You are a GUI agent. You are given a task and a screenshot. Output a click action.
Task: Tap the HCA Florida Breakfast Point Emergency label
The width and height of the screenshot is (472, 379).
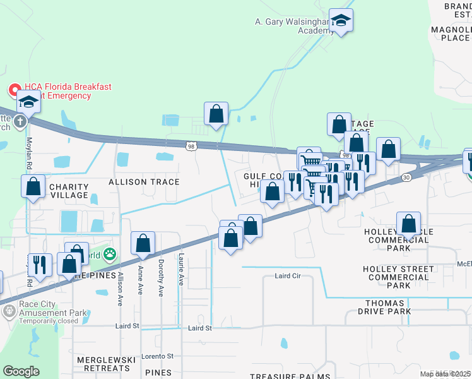[x=57, y=92]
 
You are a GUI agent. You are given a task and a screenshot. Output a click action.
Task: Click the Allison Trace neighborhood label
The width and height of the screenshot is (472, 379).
[x=144, y=182]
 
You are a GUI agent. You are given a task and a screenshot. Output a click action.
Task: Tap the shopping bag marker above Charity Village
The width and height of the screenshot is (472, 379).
[x=33, y=187]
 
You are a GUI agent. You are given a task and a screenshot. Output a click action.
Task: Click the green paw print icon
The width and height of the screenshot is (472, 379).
[x=110, y=255]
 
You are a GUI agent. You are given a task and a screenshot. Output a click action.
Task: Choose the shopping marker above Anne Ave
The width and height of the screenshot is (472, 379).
[x=143, y=243]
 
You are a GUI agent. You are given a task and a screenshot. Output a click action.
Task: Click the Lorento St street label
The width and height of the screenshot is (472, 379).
[x=156, y=356]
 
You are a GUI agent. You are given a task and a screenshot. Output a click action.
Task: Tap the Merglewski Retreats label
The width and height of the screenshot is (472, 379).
[x=106, y=364]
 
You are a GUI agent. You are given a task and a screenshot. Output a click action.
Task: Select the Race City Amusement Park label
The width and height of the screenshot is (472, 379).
[x=53, y=308]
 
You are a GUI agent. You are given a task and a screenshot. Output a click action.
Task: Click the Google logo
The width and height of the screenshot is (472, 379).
[x=21, y=371]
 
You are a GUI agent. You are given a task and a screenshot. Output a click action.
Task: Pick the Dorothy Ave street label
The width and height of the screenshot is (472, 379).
[x=161, y=279]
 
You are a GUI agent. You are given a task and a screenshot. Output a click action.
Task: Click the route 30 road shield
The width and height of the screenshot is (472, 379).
[x=406, y=177]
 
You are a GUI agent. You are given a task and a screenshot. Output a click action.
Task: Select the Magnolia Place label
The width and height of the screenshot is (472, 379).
[x=450, y=33]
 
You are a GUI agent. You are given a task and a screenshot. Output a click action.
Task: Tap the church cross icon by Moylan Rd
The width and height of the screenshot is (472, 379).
[x=20, y=121]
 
